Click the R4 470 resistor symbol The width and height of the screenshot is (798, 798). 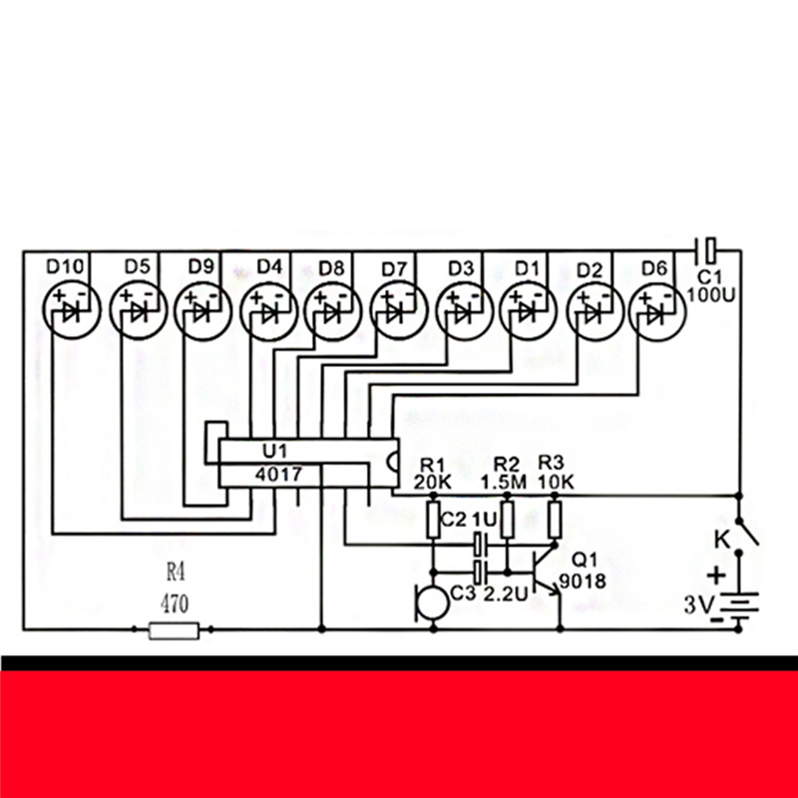coord(175,629)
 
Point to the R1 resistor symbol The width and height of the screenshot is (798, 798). coord(435,519)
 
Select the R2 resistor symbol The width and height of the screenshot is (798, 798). coord(508,519)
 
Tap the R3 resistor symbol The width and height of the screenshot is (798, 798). coord(555,519)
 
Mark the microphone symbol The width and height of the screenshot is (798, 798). coord(427,602)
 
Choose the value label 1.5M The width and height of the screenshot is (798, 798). coord(503,481)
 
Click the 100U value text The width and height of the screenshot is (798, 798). coord(710,294)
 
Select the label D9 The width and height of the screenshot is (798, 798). coord(201,266)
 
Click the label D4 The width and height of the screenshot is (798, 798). coord(269,266)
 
